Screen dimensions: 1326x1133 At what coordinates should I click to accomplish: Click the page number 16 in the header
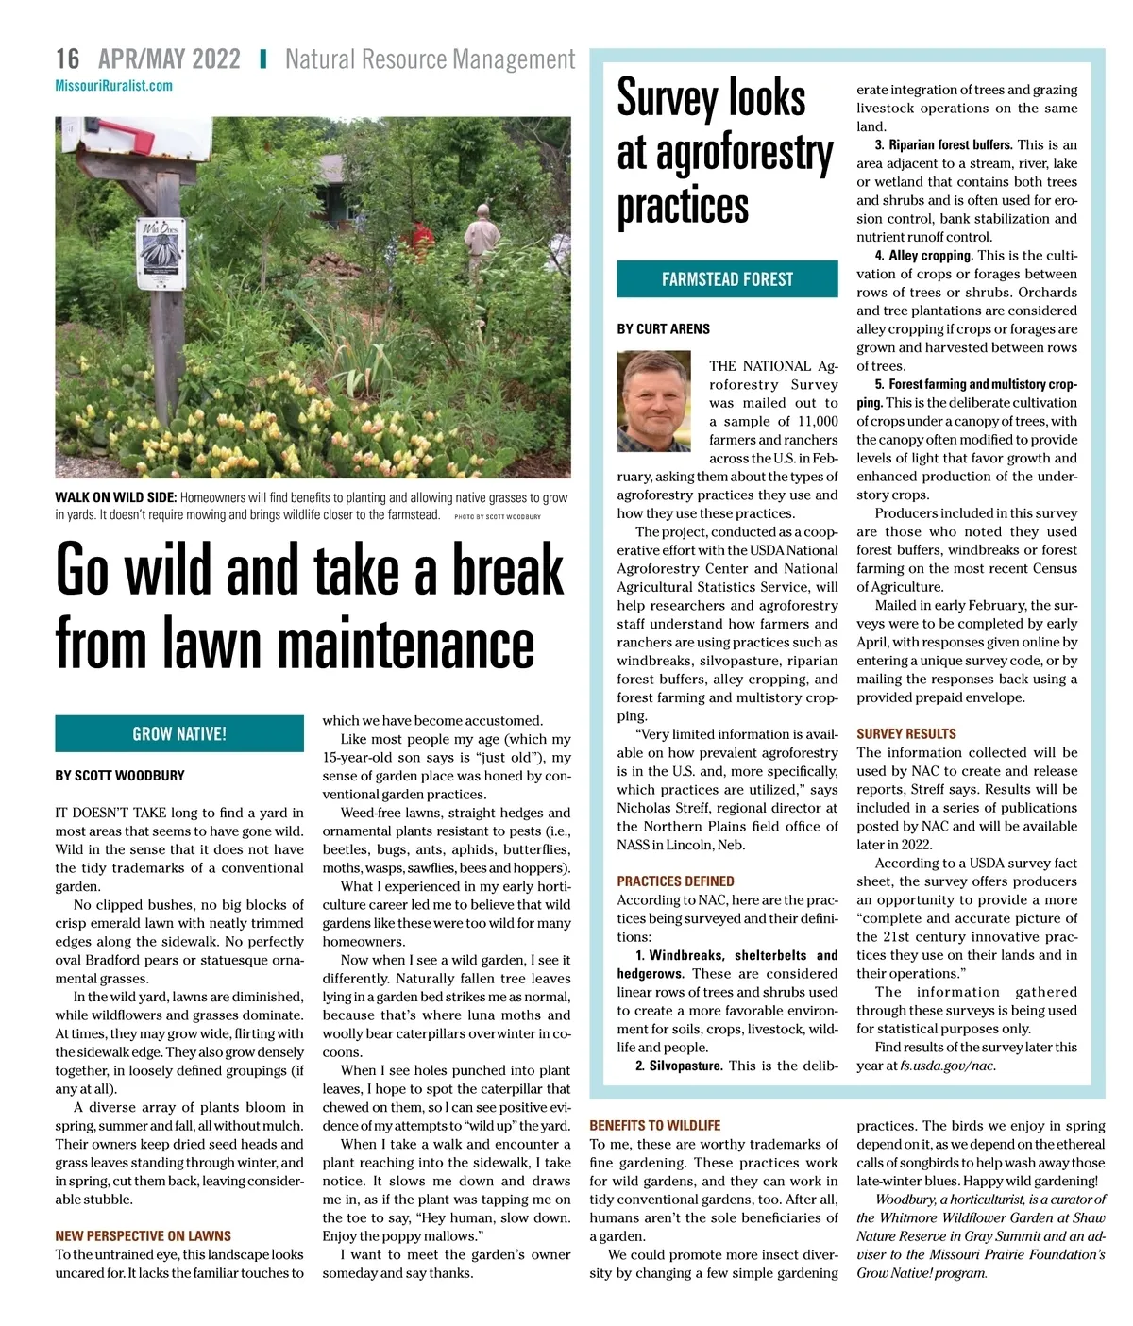click(x=68, y=59)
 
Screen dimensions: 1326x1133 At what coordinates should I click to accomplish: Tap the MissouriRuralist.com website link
click(x=113, y=86)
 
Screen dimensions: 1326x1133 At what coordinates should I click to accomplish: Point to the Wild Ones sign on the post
click(x=161, y=253)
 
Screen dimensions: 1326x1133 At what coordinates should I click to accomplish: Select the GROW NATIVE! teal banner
click(x=179, y=733)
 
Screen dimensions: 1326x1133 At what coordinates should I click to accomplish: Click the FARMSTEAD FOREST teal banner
click(x=727, y=279)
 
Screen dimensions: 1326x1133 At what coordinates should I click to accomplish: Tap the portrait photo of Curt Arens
click(x=653, y=400)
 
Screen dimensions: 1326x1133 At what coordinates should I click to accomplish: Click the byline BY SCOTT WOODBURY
click(x=120, y=776)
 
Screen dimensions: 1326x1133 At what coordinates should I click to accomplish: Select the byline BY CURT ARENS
click(x=664, y=328)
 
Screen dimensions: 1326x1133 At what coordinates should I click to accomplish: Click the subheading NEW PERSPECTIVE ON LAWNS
click(x=143, y=1235)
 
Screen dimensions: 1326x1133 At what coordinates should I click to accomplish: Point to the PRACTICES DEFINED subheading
click(x=675, y=881)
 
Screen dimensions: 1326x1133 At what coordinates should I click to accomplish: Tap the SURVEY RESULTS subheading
click(x=906, y=733)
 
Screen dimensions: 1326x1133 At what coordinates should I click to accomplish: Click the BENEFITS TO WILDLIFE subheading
click(x=654, y=1125)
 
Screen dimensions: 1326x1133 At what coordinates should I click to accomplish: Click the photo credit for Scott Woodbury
click(x=498, y=517)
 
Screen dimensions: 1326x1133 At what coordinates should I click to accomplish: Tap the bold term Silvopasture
click(x=685, y=1066)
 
